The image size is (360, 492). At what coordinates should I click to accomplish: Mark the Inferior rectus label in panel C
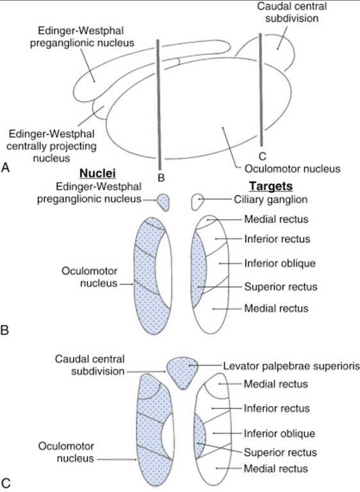pyautogui.click(x=276, y=408)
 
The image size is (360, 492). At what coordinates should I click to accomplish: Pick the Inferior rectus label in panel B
pyautogui.click(x=277, y=239)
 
